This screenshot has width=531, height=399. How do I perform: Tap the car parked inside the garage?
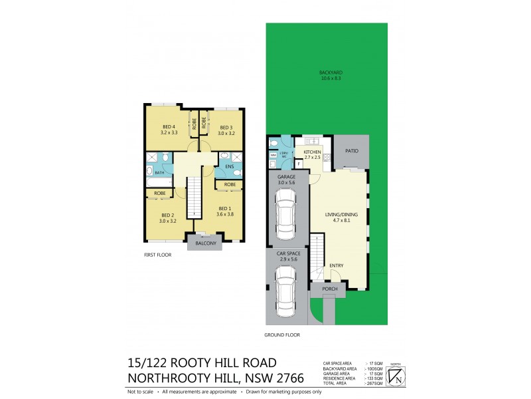(x=286, y=213)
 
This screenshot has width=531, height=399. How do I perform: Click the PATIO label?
(x=351, y=151)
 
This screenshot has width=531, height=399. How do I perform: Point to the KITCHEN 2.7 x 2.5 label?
(x=312, y=155)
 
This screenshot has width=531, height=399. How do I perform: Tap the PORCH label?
(x=330, y=289)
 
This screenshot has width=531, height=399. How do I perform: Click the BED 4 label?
(x=168, y=130)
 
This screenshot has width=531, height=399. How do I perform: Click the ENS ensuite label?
(x=229, y=166)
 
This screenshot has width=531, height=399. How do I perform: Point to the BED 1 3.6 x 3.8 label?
(x=226, y=211)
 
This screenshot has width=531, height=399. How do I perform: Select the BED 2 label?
(x=168, y=217)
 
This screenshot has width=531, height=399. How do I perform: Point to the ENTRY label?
(x=336, y=265)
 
